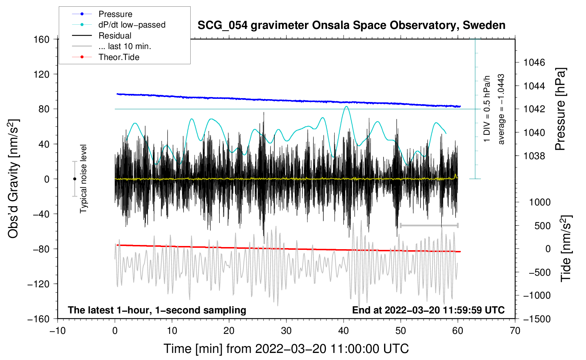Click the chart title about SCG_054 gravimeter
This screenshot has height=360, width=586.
(351, 25)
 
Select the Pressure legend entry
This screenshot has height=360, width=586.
(115, 14)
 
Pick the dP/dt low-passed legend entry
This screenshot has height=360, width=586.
(132, 25)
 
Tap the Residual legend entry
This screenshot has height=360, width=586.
(115, 36)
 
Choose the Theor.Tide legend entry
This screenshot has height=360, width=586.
(119, 57)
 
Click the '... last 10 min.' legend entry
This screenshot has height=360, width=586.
(125, 46)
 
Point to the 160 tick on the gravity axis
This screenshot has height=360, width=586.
(42, 39)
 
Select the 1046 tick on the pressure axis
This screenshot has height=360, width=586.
(534, 62)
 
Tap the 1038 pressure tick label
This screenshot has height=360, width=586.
(534, 156)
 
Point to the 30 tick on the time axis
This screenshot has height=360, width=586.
(286, 331)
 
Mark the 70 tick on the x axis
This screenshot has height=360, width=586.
(515, 331)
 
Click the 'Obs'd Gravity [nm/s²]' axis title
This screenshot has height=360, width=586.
(13, 179)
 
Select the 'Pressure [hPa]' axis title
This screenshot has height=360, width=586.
(560, 109)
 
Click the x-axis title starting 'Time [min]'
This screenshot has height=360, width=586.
(286, 349)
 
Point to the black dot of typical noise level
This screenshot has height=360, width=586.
(74, 179)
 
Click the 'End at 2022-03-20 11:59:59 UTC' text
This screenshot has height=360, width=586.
(428, 310)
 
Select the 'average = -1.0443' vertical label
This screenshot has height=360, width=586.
(501, 109)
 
